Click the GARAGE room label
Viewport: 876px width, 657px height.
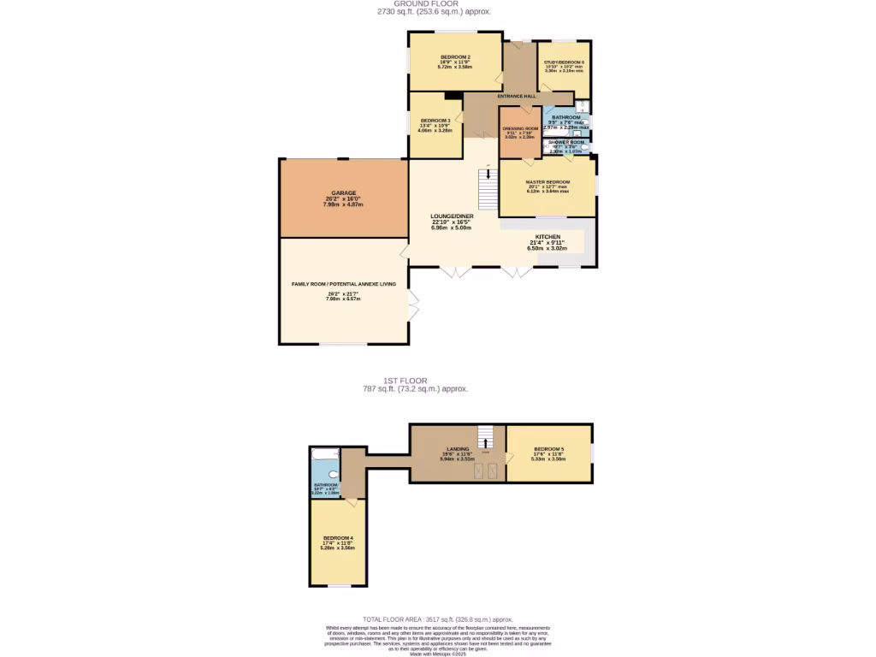tap(343, 193)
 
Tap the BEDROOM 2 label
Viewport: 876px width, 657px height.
tap(455, 56)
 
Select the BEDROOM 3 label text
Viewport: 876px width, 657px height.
tap(435, 121)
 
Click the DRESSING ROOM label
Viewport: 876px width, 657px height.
tap(520, 128)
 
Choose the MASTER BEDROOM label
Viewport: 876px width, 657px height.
tap(547, 182)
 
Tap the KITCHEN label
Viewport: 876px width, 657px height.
tap(547, 236)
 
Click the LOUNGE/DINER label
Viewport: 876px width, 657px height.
tap(453, 216)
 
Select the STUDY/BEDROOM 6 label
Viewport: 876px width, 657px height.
tap(565, 62)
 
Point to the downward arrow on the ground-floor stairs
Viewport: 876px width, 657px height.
tap(488, 175)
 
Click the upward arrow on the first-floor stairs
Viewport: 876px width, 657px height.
tap(486, 442)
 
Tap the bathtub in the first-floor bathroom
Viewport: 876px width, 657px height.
tap(325, 453)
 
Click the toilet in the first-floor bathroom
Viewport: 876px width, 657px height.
tap(333, 476)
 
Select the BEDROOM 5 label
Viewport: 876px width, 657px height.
tap(548, 449)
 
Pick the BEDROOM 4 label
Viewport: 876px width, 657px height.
tap(338, 538)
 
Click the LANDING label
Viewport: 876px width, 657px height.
tap(457, 448)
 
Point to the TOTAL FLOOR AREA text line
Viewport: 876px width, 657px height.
tap(437, 619)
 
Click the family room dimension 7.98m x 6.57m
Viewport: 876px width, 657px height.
tap(343, 299)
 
